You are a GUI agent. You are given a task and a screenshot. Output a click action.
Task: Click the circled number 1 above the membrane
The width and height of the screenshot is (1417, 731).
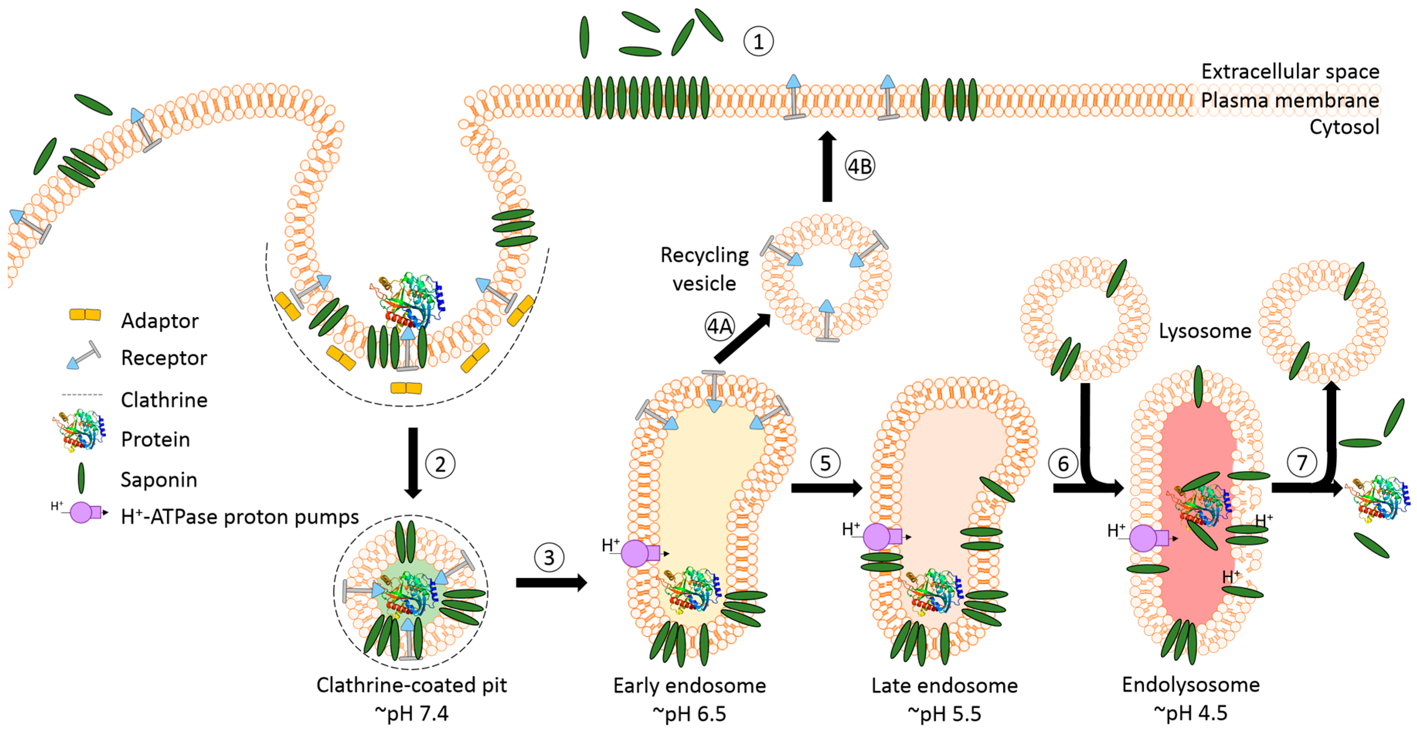(x=758, y=42)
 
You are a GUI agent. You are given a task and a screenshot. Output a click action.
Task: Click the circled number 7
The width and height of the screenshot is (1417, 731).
(x=1301, y=463)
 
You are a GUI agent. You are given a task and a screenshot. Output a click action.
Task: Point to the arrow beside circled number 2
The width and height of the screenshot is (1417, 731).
(x=413, y=462)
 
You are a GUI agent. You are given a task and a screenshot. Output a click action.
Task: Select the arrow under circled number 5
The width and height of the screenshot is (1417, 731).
(x=826, y=487)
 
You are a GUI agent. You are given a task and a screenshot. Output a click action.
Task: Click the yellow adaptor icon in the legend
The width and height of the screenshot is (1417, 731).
(x=85, y=314)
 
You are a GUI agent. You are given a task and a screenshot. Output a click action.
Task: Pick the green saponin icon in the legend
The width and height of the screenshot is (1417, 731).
(x=82, y=478)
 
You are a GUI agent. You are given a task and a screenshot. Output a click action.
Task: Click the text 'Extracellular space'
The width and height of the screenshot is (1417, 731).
(x=1290, y=71)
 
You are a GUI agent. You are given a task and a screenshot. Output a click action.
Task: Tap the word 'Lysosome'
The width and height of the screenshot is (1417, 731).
(x=1205, y=331)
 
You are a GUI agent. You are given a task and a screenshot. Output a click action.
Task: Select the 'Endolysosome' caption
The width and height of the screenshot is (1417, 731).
(x=1190, y=685)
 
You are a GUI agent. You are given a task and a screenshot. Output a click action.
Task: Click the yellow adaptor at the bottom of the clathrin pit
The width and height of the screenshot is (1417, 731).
(x=406, y=388)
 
